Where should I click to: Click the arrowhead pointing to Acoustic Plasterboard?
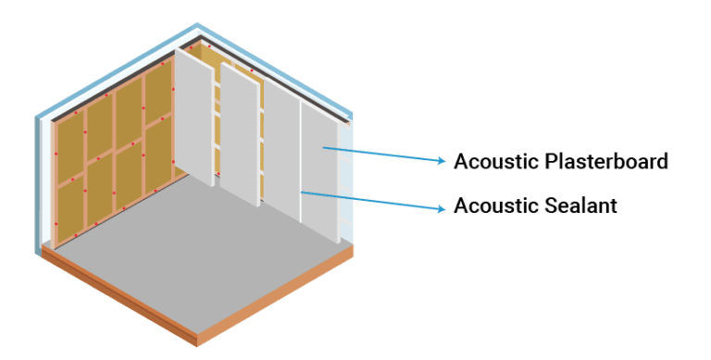click(x=442, y=161)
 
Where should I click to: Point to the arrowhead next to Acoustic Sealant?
click(x=442, y=208)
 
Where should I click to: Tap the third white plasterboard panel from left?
click(x=281, y=148)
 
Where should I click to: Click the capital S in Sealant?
click(x=549, y=205)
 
